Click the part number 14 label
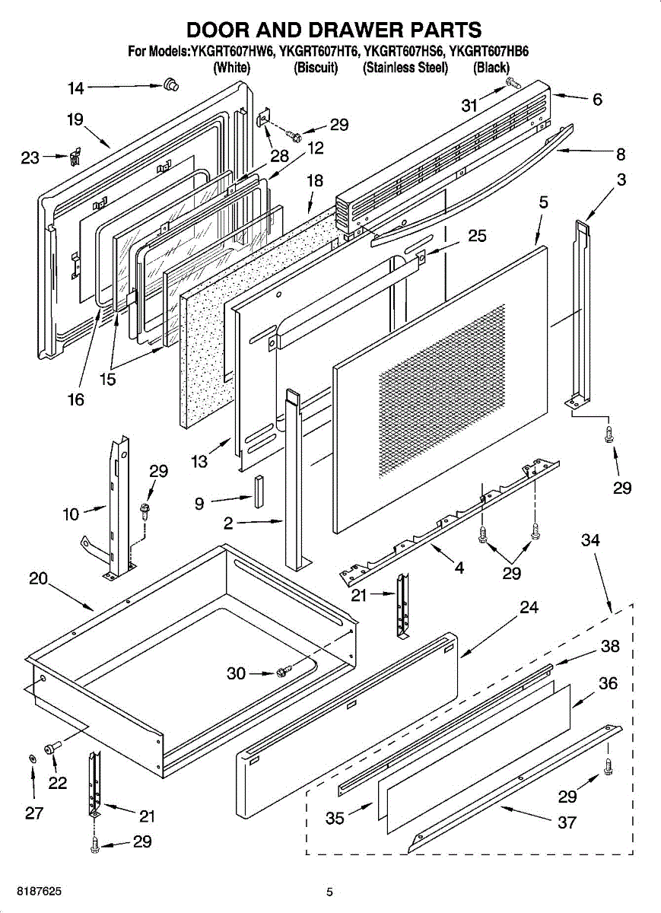coord(75,88)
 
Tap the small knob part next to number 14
coord(171,84)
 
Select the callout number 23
coord(30,157)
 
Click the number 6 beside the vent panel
coord(597,99)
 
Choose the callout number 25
coord(477,236)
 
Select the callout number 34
coord(590,540)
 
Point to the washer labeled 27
coord(33,758)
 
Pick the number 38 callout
coord(610,646)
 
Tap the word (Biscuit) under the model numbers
coord(316,67)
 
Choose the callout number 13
coord(199,461)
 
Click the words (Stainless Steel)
coord(405,67)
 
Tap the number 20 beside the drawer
coord(38,579)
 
